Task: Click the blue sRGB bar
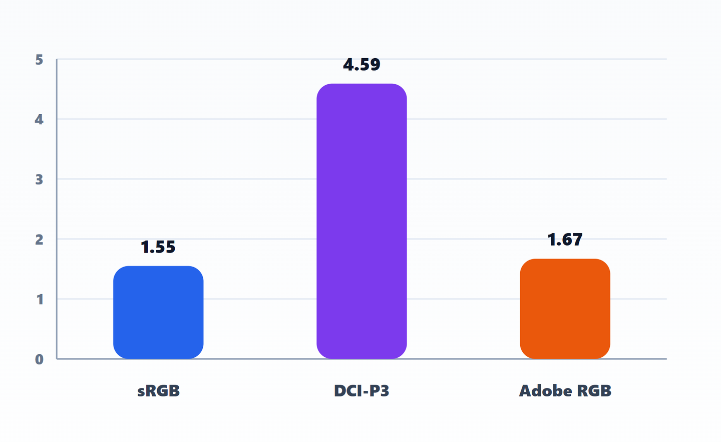(x=158, y=312)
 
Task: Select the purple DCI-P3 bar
(x=362, y=221)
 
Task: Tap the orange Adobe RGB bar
(x=565, y=309)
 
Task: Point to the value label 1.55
(x=158, y=247)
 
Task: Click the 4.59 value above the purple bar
(x=362, y=65)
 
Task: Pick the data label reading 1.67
(x=565, y=240)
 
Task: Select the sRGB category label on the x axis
(x=158, y=391)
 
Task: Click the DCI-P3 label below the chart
(x=362, y=391)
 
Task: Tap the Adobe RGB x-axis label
(x=565, y=391)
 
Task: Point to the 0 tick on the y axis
(x=39, y=359)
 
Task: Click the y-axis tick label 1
(x=40, y=299)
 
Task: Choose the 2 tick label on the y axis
(x=39, y=240)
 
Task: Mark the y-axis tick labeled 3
(x=39, y=179)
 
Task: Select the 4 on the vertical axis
(x=39, y=119)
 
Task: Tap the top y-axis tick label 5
(x=39, y=60)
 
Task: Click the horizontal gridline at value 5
(x=362, y=59)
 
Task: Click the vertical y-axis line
(x=57, y=209)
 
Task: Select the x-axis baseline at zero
(x=362, y=359)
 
